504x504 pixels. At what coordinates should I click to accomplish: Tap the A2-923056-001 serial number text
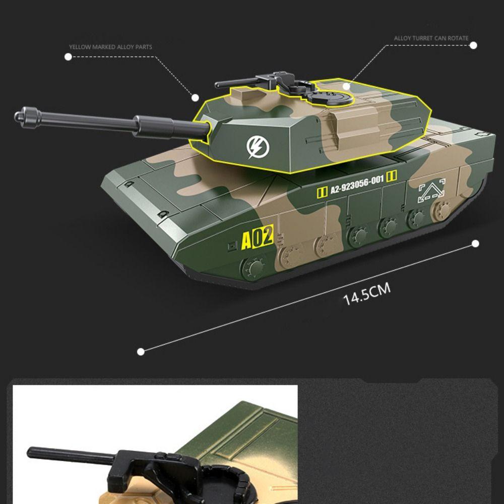click(x=357, y=185)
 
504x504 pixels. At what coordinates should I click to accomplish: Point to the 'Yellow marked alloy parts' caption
click(x=111, y=47)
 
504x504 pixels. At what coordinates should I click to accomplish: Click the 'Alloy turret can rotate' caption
click(x=431, y=38)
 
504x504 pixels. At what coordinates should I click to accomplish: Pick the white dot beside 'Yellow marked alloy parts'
click(x=68, y=57)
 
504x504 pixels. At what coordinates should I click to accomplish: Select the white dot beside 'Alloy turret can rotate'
click(x=473, y=45)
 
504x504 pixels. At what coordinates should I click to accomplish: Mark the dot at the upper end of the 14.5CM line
click(x=475, y=244)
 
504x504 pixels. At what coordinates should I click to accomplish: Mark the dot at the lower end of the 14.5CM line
click(x=141, y=351)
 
